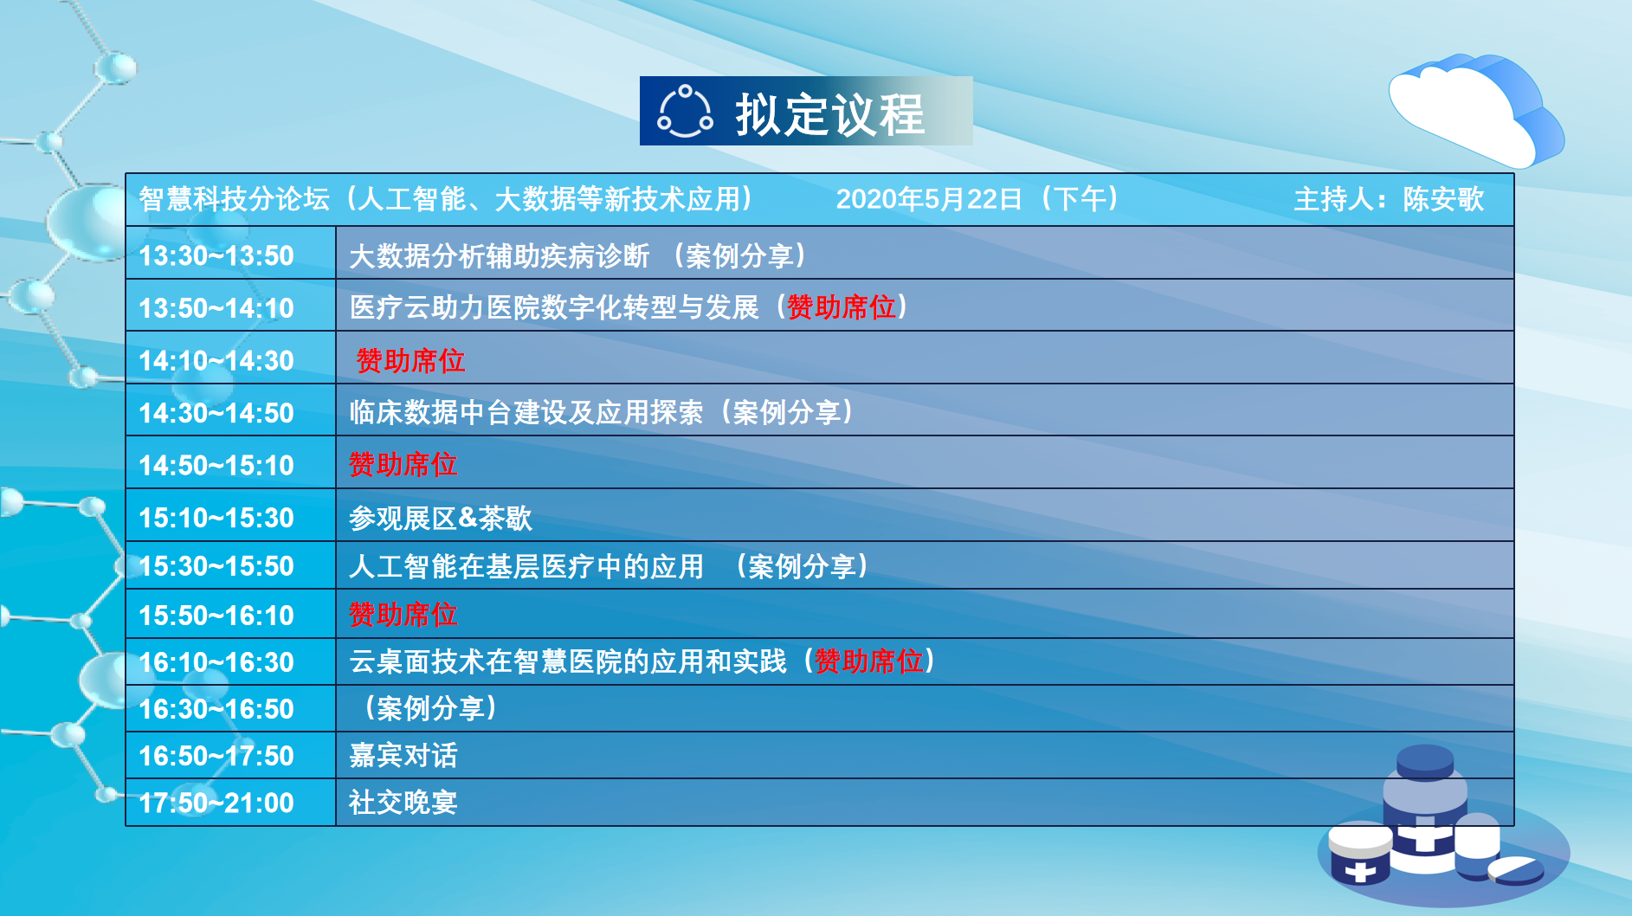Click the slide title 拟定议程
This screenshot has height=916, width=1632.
click(x=829, y=114)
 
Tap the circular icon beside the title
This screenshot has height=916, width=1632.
click(x=685, y=112)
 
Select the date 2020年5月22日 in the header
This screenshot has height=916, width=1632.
click(x=929, y=199)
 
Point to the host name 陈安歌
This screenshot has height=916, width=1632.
click(x=1443, y=199)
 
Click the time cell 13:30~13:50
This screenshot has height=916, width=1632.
click(x=216, y=255)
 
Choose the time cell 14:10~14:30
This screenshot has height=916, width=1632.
click(x=216, y=360)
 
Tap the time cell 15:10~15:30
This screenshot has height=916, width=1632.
click(x=216, y=518)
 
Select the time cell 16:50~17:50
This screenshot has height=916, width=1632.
click(x=216, y=756)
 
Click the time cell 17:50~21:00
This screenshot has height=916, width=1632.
click(x=216, y=803)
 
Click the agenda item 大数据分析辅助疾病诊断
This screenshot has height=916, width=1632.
click(x=500, y=255)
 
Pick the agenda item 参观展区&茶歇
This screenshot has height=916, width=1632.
click(x=441, y=518)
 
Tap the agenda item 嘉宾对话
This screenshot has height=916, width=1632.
click(x=403, y=755)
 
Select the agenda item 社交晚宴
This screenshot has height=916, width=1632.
click(x=403, y=802)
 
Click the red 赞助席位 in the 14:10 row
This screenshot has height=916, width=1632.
click(x=410, y=360)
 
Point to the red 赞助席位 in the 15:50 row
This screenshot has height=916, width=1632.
click(x=403, y=614)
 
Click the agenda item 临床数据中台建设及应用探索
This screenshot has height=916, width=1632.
click(x=526, y=412)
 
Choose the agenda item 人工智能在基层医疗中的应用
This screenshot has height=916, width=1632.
click(x=526, y=566)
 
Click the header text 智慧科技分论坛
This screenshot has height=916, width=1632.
click(x=235, y=199)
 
